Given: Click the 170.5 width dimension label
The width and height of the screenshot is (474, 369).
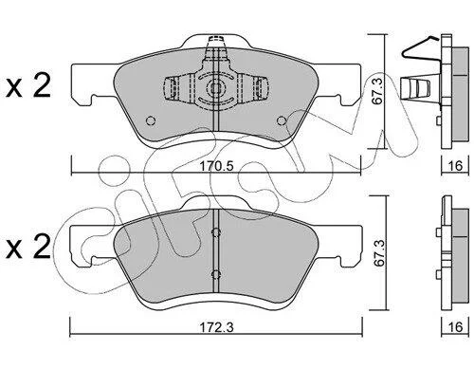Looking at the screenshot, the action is pos(217,166).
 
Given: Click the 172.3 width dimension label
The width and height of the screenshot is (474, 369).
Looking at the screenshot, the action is pos(216,327).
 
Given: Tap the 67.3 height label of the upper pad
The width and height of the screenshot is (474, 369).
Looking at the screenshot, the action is pos(377,92).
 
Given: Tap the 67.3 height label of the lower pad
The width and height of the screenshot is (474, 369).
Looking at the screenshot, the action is pos(379,253).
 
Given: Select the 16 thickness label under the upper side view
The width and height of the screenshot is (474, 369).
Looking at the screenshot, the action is pos(455,166).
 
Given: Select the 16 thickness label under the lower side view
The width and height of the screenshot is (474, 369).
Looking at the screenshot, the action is pos(455,327).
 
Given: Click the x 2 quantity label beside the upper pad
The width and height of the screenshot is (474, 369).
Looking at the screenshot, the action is pos(28,85).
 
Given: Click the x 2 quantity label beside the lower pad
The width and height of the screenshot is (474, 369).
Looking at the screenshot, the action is pos(28,247).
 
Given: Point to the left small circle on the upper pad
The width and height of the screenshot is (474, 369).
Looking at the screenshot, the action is pos(151,120).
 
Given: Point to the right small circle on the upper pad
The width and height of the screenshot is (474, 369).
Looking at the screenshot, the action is pos(282,120).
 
